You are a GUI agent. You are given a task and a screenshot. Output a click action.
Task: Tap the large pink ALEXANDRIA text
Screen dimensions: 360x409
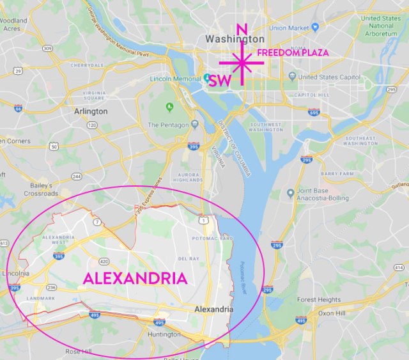[135, 278]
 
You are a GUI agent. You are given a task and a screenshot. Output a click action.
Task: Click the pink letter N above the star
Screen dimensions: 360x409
[242, 30]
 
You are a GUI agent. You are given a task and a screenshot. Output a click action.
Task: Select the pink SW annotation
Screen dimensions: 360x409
[220, 81]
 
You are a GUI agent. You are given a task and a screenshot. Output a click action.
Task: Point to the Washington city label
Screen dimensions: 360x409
[235, 39]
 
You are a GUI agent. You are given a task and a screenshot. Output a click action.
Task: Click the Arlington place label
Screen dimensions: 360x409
[91, 111]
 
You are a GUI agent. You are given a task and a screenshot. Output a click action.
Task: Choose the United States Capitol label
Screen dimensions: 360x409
[329, 77]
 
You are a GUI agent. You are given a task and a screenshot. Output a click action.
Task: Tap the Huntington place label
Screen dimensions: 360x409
[164, 334]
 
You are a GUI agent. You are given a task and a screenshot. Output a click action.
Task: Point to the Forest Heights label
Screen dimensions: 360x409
[319, 299]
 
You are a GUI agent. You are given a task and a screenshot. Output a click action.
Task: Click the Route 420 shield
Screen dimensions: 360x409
[104, 261]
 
